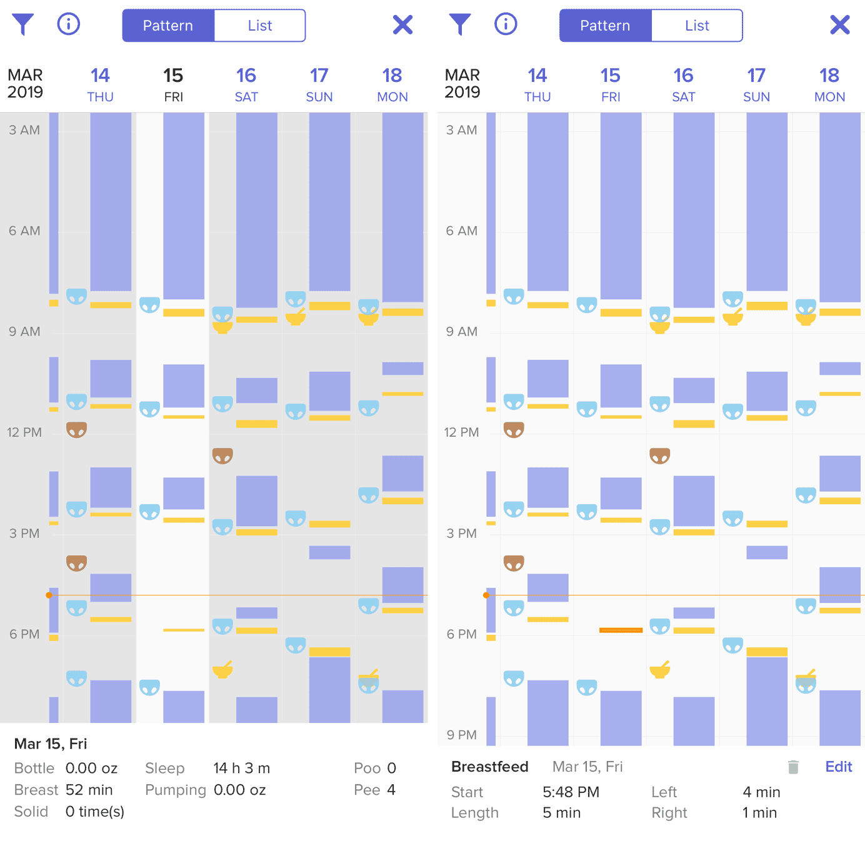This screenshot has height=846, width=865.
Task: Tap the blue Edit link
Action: coord(838,767)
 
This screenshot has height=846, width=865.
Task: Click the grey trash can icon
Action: coord(793,767)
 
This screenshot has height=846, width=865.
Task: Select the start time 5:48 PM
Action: coord(571,792)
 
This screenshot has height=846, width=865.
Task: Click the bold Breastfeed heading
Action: coord(489,767)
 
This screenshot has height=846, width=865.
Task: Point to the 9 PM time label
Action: coord(461,735)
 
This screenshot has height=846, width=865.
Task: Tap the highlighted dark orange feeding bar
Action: coord(621,630)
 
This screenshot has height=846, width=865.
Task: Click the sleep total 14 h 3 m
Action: coord(241,768)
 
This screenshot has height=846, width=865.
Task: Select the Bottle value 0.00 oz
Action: coord(91,768)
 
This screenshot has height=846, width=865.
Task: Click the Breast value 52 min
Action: coord(89,790)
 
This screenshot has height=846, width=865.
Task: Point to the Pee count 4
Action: coord(391,790)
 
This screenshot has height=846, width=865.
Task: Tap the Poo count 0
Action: coord(391,768)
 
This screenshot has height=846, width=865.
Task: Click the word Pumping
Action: coord(175,790)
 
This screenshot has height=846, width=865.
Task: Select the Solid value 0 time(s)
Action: coord(95,812)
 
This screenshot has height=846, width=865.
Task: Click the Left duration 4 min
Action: coord(761,792)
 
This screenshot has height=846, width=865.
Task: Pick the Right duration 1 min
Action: coord(759,813)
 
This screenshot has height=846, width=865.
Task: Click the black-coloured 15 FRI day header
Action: coord(173,84)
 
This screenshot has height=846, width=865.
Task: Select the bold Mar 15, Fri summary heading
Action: coord(51,744)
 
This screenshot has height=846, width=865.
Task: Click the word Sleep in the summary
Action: coord(164,768)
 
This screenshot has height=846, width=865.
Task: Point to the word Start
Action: coord(467,792)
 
